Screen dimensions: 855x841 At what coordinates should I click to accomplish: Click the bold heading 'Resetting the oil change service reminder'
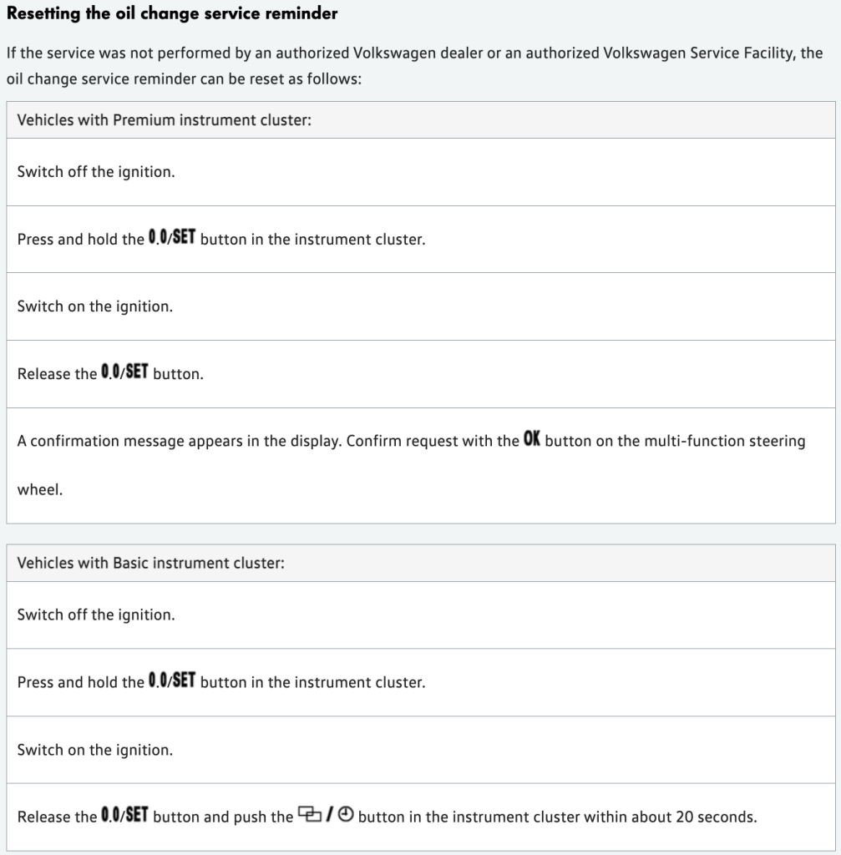172,13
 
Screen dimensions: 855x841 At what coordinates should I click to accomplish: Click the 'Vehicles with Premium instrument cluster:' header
164,120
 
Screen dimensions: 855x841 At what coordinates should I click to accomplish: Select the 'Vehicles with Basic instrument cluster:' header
150,563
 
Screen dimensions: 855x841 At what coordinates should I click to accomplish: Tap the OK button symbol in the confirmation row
532,439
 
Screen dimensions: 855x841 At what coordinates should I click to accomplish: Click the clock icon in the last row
347,816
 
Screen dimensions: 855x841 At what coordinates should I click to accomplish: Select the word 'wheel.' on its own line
40,489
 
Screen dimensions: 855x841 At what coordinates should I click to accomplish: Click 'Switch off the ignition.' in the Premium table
95,172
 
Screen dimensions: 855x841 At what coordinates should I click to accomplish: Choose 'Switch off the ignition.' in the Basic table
95,615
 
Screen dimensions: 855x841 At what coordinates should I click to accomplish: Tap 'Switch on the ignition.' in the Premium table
94,306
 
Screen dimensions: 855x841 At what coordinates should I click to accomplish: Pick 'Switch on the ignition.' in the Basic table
94,750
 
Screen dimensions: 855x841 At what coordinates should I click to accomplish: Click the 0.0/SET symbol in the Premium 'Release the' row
124,372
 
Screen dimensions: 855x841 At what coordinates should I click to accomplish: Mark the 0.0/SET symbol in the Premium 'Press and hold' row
172,238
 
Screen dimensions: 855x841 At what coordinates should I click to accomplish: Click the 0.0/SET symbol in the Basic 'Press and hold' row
172,681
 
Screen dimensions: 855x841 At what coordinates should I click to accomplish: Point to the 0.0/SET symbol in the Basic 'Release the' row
124,816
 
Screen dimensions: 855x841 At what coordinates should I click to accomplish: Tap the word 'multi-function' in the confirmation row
689,441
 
